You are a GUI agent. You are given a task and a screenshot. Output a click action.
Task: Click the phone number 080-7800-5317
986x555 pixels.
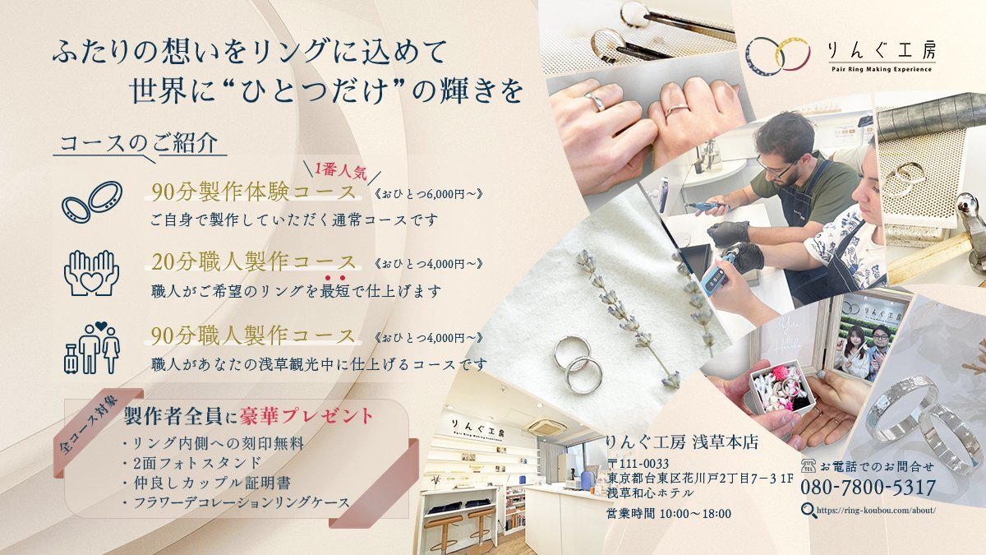[868, 487]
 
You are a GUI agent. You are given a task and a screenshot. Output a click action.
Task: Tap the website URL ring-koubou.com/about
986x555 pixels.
[876, 510]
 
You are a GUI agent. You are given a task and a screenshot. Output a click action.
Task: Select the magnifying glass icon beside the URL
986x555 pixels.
[809, 511]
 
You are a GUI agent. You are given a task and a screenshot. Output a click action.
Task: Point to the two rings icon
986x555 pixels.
[92, 202]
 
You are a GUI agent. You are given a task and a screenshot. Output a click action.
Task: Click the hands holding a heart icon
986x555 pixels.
[91, 273]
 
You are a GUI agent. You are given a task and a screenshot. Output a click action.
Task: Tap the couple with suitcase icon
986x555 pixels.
[92, 348]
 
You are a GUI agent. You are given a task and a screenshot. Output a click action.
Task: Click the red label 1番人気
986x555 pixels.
[340, 170]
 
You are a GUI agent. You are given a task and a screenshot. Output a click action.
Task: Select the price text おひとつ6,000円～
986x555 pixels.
[428, 193]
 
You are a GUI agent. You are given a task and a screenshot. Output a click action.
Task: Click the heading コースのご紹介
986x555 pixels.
[139, 143]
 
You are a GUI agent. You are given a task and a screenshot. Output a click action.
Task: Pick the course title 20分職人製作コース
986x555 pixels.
[254, 262]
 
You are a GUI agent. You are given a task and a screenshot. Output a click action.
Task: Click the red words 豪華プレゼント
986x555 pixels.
[306, 416]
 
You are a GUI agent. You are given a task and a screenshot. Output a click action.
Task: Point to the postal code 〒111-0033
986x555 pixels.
[638, 464]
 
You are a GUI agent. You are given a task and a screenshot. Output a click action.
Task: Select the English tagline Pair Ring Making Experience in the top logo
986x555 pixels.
[881, 69]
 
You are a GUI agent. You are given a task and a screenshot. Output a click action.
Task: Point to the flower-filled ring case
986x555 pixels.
[782, 386]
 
